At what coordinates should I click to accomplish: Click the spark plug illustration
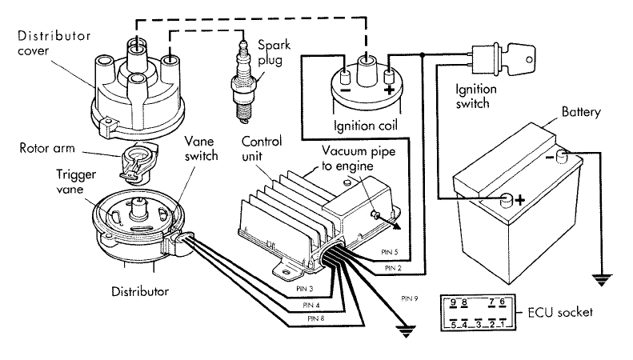click(x=241, y=84)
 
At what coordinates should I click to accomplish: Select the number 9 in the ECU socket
click(x=454, y=302)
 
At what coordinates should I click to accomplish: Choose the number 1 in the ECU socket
click(x=502, y=325)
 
